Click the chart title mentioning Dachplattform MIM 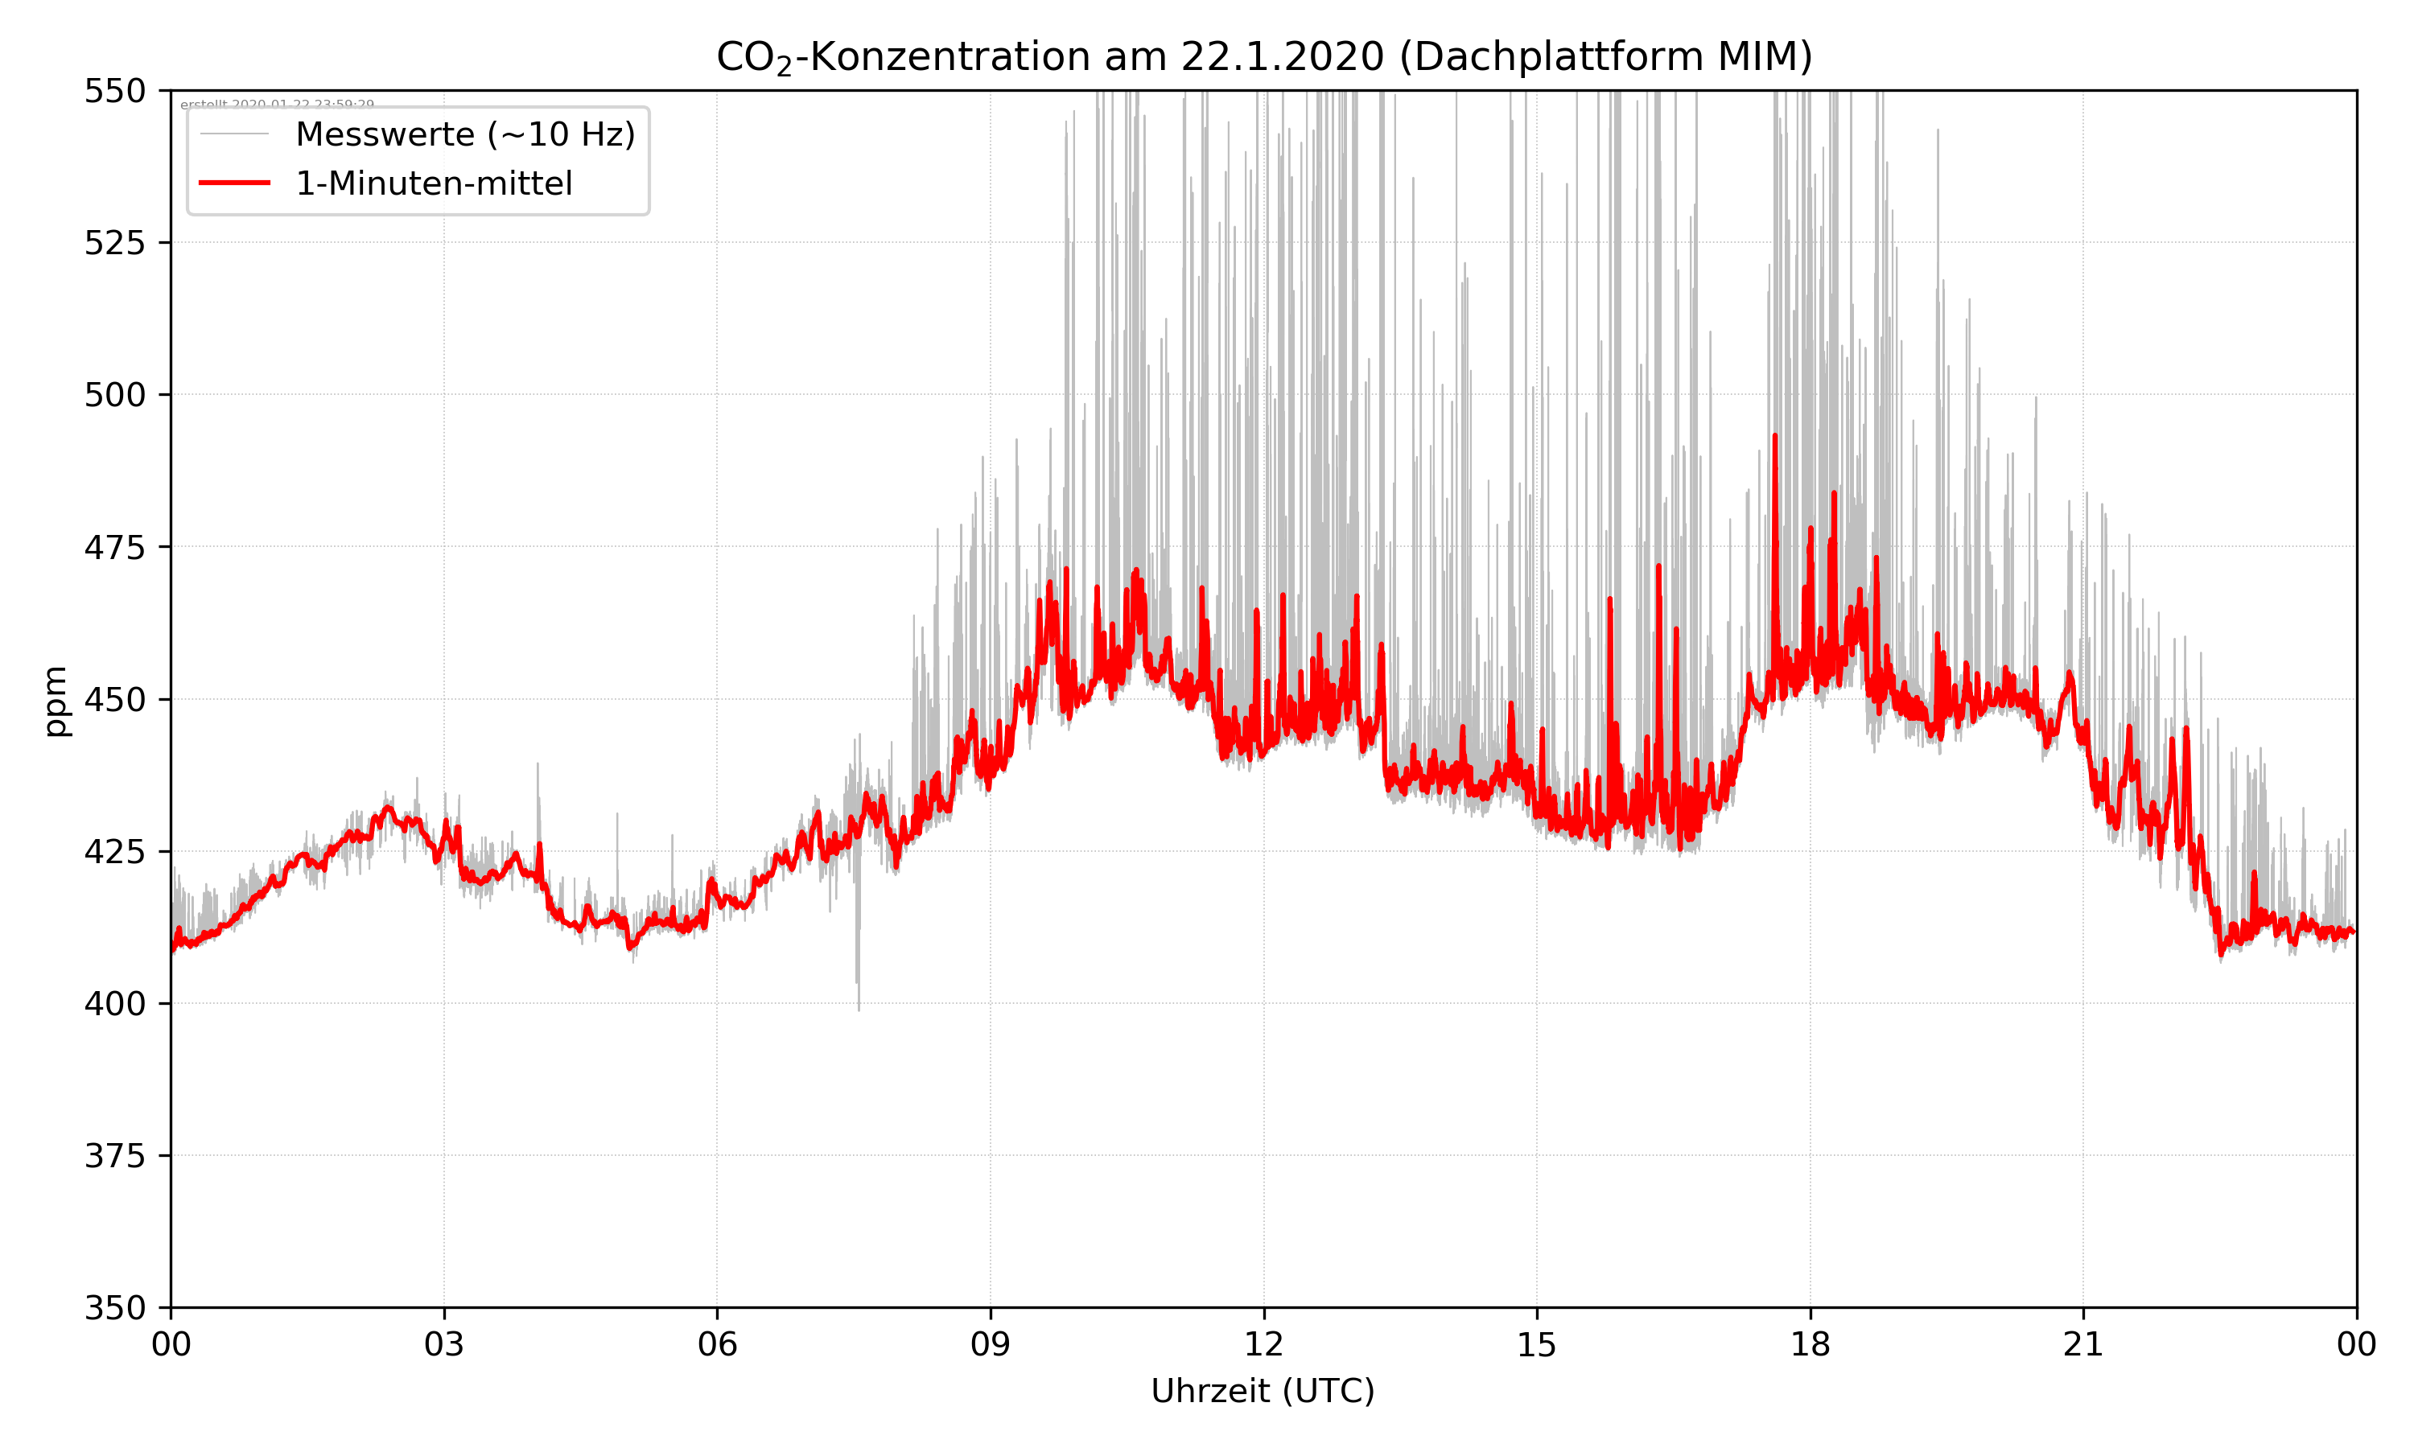(x=1263, y=56)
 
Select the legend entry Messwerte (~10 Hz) (x=464, y=134)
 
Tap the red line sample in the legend (x=234, y=183)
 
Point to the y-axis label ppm (x=56, y=701)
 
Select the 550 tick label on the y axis (x=115, y=91)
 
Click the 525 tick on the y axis (x=115, y=243)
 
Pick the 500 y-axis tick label (x=115, y=395)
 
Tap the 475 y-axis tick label (x=115, y=547)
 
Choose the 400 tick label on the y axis (x=115, y=1004)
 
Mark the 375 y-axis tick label (x=115, y=1156)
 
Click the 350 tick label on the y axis (x=115, y=1309)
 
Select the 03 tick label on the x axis (x=444, y=1344)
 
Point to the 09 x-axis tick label (x=991, y=1344)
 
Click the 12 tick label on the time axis (x=1263, y=1344)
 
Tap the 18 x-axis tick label (x=1810, y=1344)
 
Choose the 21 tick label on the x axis (x=2083, y=1344)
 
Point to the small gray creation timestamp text (x=277, y=105)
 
